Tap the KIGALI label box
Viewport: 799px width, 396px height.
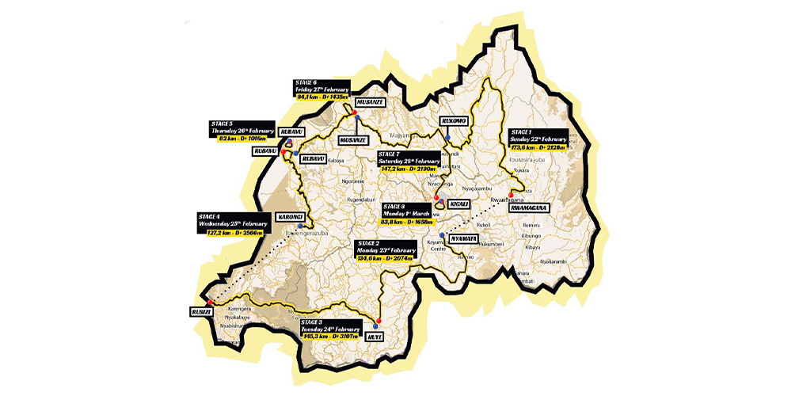[459, 204]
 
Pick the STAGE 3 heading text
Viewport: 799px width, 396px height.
[314, 322]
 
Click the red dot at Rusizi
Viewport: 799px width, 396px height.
[209, 302]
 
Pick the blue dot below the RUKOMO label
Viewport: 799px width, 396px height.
[448, 137]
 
